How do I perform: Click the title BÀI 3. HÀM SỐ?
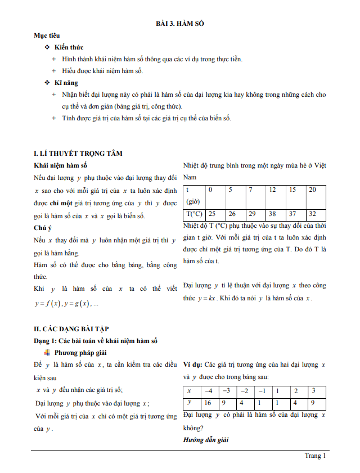pos(180,24)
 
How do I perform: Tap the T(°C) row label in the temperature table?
pos(194,214)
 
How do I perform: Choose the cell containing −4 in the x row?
pos(208,391)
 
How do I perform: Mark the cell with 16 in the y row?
pos(208,403)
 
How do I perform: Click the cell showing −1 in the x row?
pos(262,391)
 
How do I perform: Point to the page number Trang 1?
pos(315,456)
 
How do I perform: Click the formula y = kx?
pos(207,298)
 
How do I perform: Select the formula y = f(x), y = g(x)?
pos(66,304)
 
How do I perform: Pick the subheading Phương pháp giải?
pos(81,353)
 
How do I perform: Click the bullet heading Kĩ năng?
pos(66,83)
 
